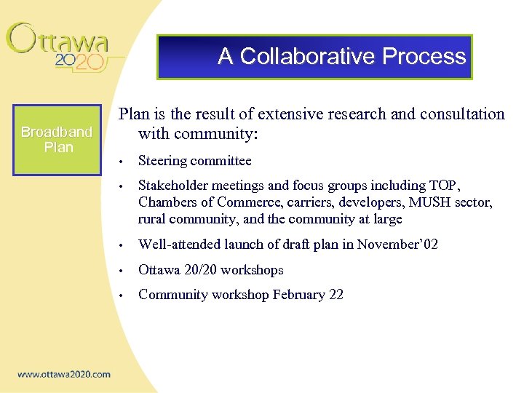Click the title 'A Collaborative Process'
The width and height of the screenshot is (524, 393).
coord(341,56)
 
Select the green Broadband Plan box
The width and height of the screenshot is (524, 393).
coord(57,139)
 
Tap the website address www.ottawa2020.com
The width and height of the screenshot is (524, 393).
coord(64,374)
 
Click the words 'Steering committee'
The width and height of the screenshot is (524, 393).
coord(194,161)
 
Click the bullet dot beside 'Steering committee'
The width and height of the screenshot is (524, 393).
coord(126,162)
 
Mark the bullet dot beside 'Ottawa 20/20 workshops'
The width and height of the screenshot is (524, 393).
coord(126,271)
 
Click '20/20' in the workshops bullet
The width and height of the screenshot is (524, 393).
coord(201,270)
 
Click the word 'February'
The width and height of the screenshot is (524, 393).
coord(298,295)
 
